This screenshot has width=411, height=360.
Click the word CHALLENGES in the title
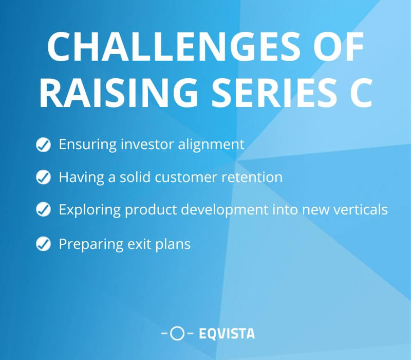[174, 46]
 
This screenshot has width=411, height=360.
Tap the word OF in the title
[339, 46]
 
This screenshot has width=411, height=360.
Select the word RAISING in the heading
[118, 93]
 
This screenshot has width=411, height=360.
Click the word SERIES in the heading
[274, 93]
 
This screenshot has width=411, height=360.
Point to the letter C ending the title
[361, 93]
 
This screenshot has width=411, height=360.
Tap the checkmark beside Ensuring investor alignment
[43, 145]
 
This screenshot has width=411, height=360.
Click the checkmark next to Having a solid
[43, 177]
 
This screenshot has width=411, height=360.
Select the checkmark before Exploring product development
[43, 209]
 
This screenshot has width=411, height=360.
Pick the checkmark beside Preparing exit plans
[43, 244]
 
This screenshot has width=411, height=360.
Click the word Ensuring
[87, 145]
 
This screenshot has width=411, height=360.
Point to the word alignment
[211, 145]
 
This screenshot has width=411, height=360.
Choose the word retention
[252, 177]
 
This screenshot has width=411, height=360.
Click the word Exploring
[89, 210]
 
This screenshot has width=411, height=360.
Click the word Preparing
[91, 244]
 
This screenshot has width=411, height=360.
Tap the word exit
[139, 244]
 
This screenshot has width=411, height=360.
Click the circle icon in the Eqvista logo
[177, 333]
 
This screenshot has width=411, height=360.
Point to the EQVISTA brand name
[227, 334]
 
